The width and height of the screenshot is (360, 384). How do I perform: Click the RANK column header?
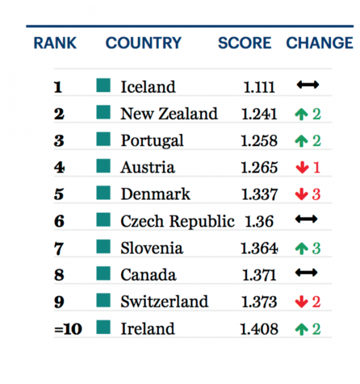click(55, 43)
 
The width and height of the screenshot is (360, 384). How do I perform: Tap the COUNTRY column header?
click(143, 43)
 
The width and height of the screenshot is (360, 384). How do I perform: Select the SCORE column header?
click(245, 43)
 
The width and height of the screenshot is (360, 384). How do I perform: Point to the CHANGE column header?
click(320, 43)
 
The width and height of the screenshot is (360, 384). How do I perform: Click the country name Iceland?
click(148, 87)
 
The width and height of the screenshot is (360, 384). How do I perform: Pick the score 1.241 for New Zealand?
click(259, 114)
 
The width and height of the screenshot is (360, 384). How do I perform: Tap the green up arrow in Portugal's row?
click(301, 141)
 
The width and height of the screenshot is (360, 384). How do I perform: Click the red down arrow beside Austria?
click(302, 167)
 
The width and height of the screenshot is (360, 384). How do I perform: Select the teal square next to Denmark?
click(103, 193)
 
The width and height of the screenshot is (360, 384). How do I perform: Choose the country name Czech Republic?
click(178, 221)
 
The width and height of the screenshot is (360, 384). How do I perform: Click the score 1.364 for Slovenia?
click(259, 248)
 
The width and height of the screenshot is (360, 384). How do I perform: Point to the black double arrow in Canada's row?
click(307, 272)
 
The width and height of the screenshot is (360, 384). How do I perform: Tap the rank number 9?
click(59, 302)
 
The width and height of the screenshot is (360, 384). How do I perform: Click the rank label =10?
click(68, 329)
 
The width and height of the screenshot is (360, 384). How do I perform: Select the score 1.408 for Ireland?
click(259, 329)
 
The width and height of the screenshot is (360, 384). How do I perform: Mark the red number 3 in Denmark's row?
click(316, 194)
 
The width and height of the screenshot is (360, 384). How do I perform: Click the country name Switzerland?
click(164, 301)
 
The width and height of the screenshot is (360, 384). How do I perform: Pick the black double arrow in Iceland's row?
click(308, 85)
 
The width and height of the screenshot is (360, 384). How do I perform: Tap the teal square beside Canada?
click(103, 274)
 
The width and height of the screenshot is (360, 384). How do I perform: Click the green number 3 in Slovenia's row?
click(316, 248)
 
